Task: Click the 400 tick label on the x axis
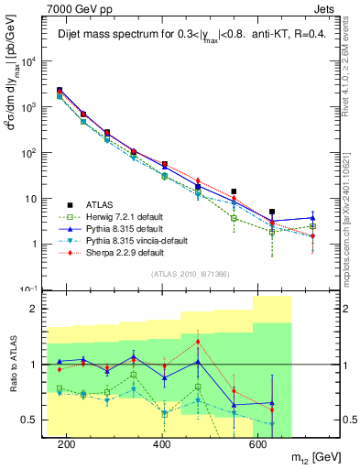pos(162,445)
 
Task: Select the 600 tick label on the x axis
pos(258,445)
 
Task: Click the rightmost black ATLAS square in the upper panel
pos(272,212)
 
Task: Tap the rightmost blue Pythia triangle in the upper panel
pos(313,218)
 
